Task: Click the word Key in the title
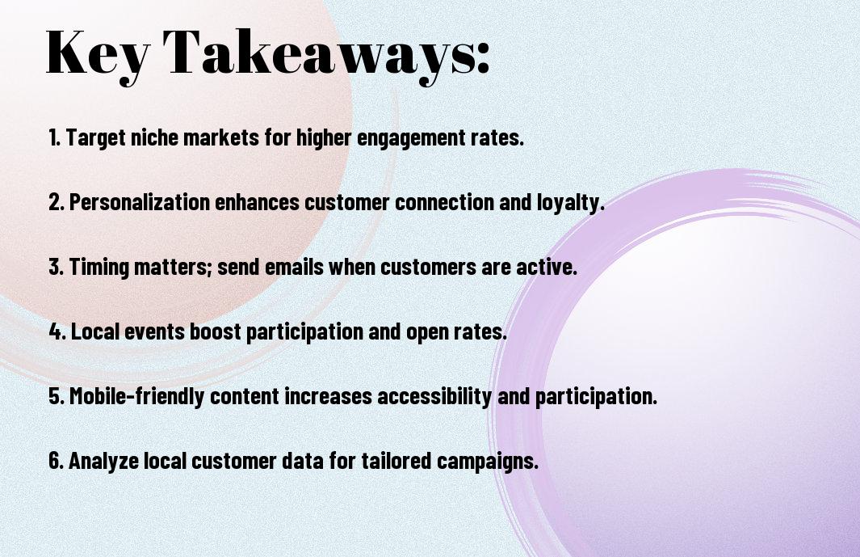click(x=98, y=54)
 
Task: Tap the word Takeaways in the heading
click(x=319, y=54)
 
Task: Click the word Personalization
click(x=140, y=202)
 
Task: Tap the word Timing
click(x=99, y=268)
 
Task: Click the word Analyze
click(x=103, y=461)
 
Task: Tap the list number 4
click(x=56, y=331)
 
